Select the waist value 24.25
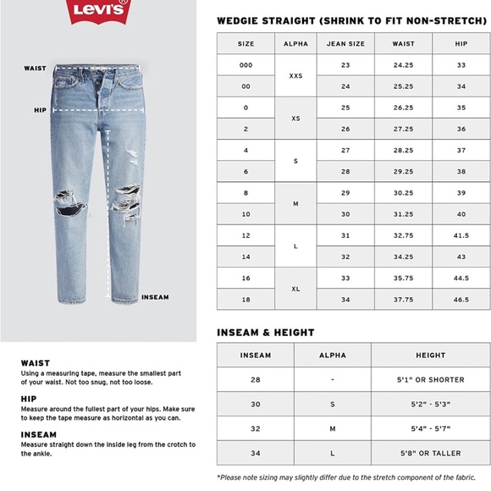pos(405,65)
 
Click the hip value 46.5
pos(461,300)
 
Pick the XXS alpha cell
pos(295,75)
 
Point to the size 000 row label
pos(245,65)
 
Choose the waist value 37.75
pos(405,300)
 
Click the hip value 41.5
pos(461,235)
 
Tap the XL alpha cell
pos(295,289)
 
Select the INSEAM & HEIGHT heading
pos(265,333)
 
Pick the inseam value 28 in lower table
pos(256,380)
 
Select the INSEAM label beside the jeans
pos(155,297)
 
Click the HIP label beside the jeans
pos(40,109)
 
